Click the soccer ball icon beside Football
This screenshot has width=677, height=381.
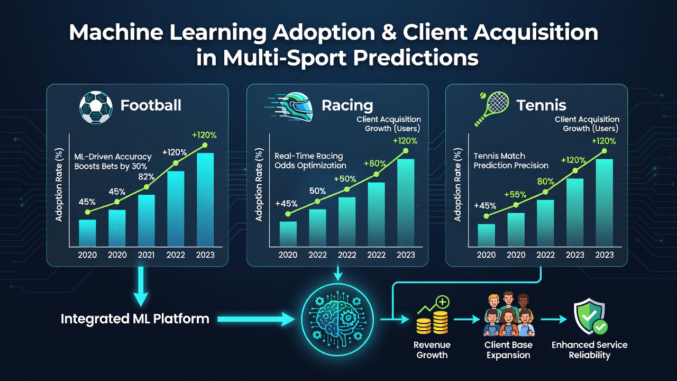point(96,107)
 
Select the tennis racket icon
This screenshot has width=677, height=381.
point(491,108)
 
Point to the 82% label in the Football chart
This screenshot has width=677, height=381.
point(147,177)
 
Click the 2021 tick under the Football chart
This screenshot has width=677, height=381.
point(147,255)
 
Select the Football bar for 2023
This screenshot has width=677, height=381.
point(205,199)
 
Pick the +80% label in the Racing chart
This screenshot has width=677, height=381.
point(375,164)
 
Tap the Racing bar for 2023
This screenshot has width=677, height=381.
point(406,203)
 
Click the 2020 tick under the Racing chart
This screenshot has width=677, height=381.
point(288,255)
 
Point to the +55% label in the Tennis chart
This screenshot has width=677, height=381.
point(515,194)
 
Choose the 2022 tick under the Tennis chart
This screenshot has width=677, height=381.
point(545,255)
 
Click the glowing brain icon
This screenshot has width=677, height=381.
point(337,319)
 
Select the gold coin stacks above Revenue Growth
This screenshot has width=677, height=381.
point(433,316)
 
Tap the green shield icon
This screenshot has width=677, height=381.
point(590,316)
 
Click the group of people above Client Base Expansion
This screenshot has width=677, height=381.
point(509,314)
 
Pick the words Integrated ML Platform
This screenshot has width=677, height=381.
point(135,319)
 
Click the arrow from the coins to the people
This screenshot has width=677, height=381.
point(467,319)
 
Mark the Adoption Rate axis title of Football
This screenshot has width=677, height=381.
point(59,185)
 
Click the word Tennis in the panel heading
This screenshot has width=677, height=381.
point(541,105)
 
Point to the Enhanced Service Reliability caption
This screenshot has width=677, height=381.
point(589,350)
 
